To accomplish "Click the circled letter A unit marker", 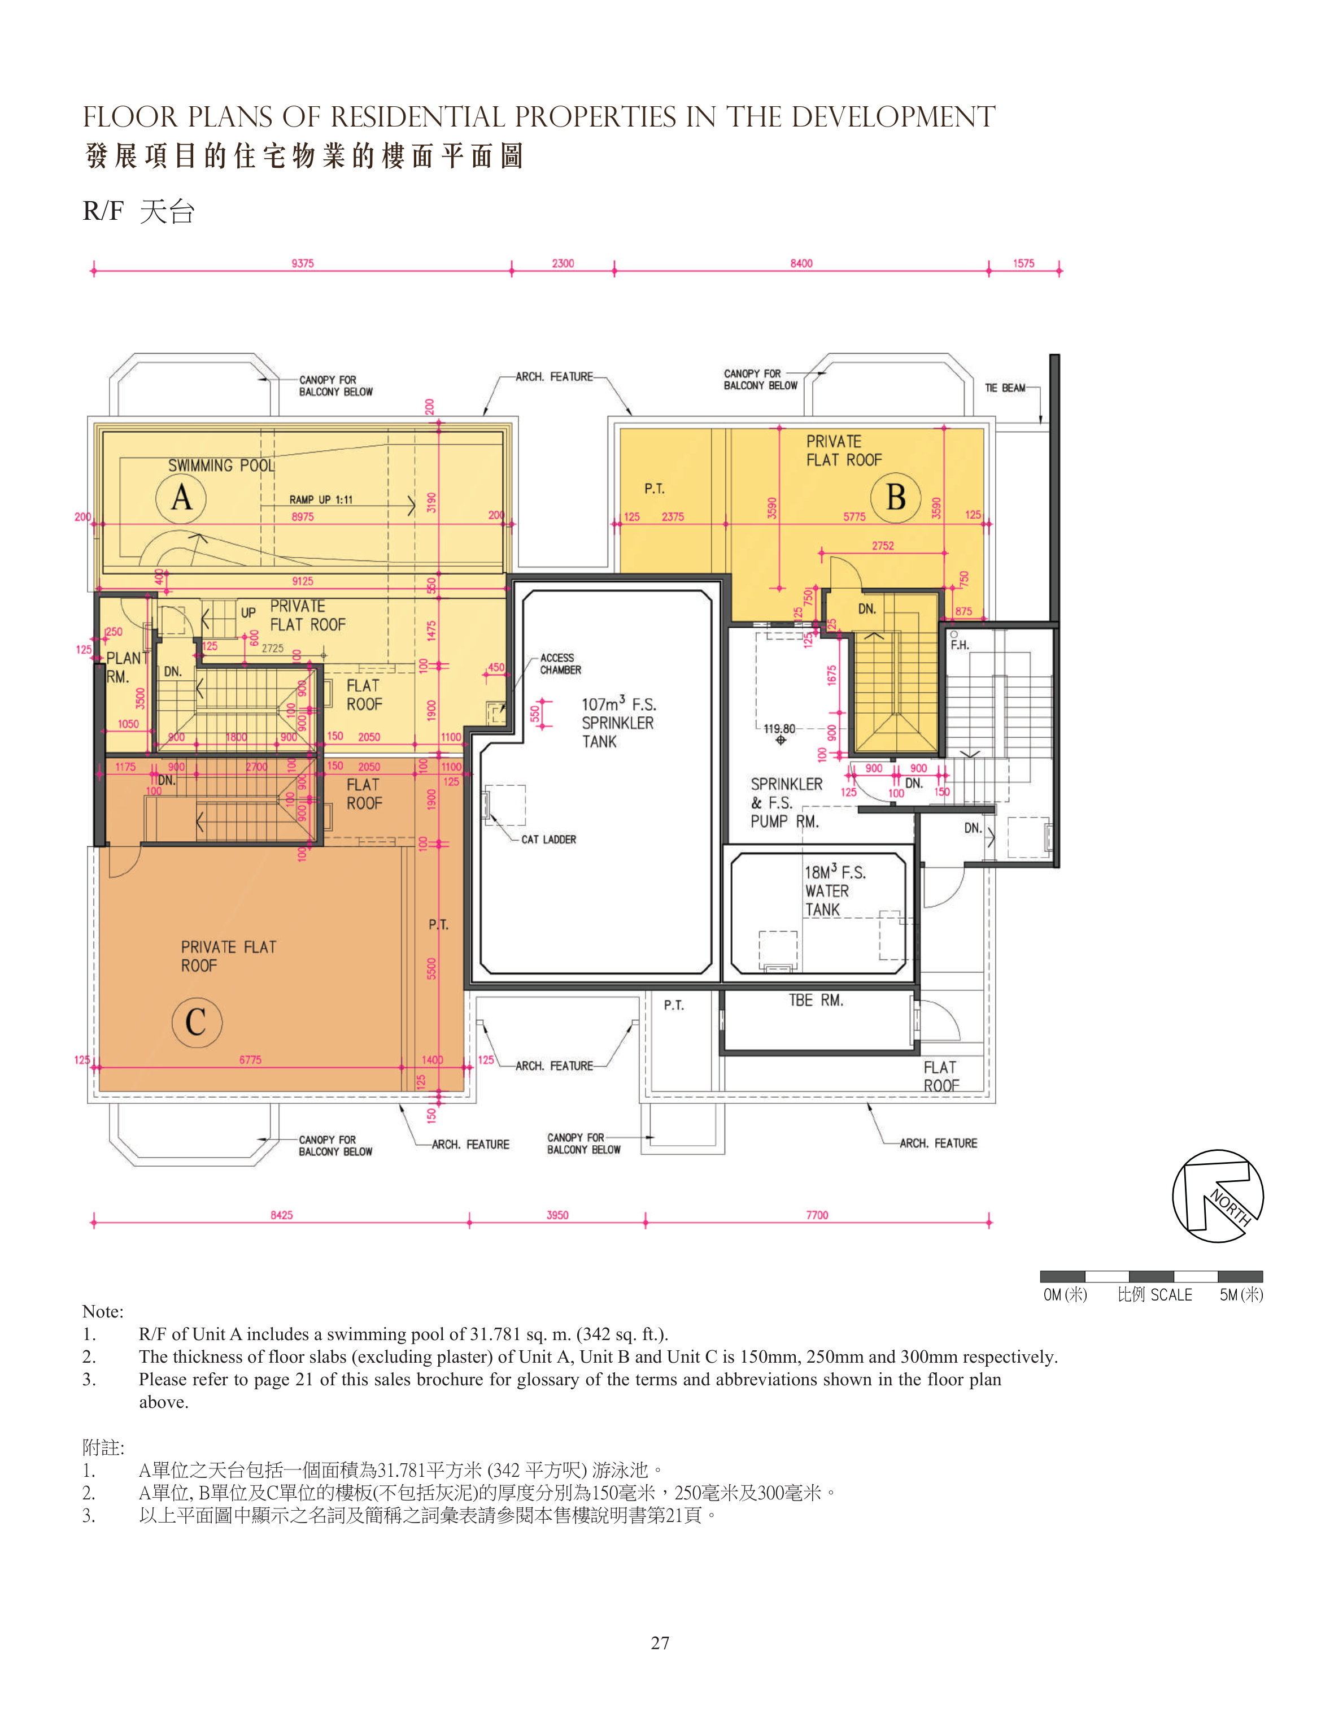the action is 181,497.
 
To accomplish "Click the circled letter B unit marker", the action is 896,497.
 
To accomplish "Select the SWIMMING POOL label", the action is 222,466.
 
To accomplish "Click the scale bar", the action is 1151,1276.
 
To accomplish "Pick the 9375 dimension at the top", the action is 303,263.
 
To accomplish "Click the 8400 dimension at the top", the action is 801,263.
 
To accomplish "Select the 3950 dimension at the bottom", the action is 557,1215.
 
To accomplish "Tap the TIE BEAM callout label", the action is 1005,388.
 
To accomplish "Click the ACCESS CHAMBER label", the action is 560,664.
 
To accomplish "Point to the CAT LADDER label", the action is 548,839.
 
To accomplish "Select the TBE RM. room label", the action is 816,1001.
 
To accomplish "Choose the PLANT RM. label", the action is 127,668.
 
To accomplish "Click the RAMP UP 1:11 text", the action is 321,499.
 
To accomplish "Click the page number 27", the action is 660,1643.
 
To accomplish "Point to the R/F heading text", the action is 103,211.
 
